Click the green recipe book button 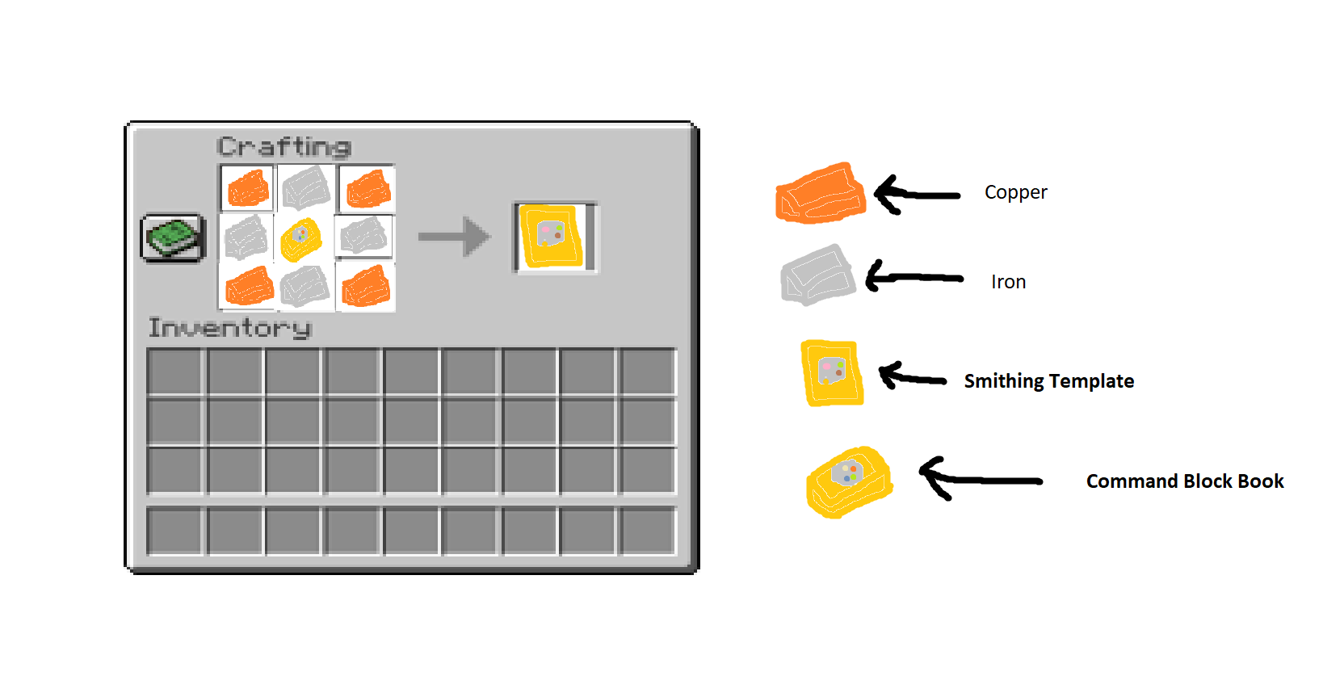point(173,237)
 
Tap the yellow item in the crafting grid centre point(301,239)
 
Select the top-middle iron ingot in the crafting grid point(306,187)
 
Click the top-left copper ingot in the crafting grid point(248,189)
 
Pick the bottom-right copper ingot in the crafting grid point(366,287)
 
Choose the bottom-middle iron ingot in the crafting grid point(304,287)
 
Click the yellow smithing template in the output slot point(552,237)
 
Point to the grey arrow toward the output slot point(454,237)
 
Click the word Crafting point(283,147)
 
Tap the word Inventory point(229,328)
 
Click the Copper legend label point(1015,192)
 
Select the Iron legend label point(1008,282)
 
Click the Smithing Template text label point(1048,381)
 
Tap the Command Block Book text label point(1184,481)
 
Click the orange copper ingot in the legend point(820,194)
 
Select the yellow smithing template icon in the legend point(831,372)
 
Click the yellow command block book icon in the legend point(848,482)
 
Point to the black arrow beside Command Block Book point(979,480)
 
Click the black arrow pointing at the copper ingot point(916,195)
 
